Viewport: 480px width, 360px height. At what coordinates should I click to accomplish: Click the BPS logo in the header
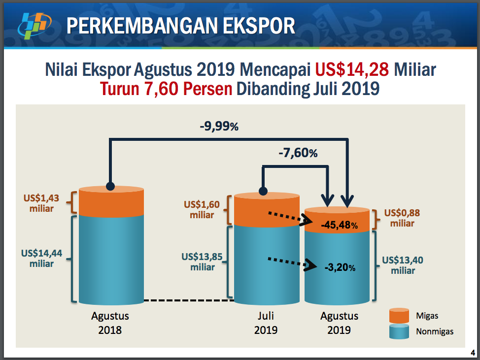click(34, 26)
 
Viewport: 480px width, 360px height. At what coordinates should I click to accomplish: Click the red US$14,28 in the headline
click(352, 69)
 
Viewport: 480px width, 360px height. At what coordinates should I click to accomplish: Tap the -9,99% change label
click(219, 126)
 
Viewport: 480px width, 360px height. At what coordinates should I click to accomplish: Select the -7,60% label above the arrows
click(298, 153)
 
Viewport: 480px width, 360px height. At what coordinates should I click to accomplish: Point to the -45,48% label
click(339, 225)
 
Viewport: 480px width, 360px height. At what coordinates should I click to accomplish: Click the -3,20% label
click(340, 267)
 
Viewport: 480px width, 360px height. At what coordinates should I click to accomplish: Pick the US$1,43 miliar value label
click(41, 203)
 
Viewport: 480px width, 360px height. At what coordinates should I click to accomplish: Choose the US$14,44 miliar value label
click(41, 258)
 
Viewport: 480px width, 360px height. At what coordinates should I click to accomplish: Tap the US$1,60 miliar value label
click(202, 209)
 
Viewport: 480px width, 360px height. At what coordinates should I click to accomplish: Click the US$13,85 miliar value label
click(202, 262)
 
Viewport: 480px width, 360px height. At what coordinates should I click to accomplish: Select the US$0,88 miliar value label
click(402, 218)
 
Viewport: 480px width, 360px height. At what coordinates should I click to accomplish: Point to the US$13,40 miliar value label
click(403, 265)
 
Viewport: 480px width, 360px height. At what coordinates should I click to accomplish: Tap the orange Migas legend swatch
click(399, 315)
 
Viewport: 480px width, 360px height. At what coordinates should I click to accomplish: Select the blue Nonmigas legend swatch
click(399, 331)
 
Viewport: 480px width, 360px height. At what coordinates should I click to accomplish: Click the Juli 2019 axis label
click(266, 323)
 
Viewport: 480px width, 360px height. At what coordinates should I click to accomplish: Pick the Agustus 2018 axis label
click(110, 323)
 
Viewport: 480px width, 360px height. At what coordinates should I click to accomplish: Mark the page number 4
click(473, 353)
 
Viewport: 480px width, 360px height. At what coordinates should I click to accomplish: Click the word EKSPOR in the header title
click(259, 26)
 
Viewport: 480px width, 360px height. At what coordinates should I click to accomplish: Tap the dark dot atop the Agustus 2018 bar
click(110, 186)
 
